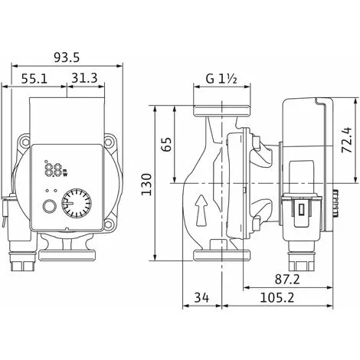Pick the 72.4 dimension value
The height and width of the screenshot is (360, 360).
pos(345,141)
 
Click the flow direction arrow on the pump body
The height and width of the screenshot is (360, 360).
pos(201,208)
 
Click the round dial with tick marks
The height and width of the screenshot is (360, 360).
pos(77,205)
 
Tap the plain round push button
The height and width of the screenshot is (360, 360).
pos(49,205)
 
